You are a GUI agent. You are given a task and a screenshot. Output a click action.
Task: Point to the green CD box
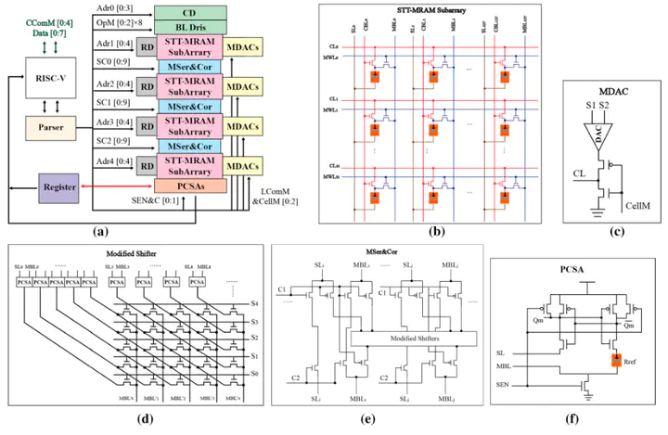(x=191, y=13)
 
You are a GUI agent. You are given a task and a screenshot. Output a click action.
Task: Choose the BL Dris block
(x=191, y=29)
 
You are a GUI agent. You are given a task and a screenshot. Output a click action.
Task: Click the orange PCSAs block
(x=191, y=186)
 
